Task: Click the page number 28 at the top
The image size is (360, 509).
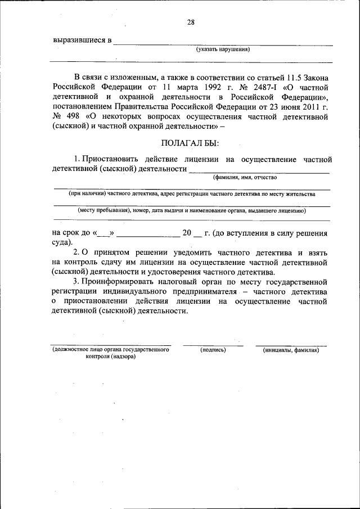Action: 191,22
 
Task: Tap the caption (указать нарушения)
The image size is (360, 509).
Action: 223,49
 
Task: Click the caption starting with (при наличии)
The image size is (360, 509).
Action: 192,194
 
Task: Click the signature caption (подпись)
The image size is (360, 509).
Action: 213,350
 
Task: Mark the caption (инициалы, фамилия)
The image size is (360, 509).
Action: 291,350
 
